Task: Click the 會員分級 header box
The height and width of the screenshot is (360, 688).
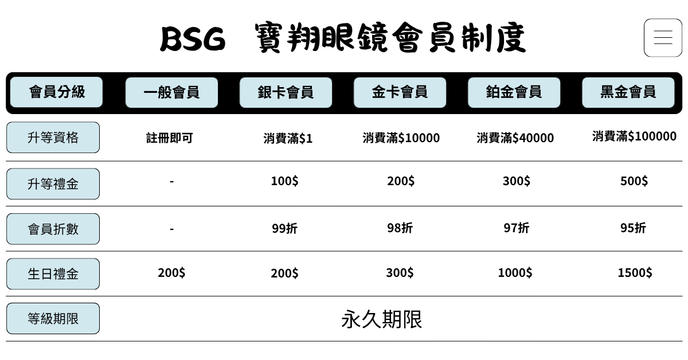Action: (x=56, y=92)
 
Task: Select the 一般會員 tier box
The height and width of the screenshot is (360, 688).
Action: (x=171, y=92)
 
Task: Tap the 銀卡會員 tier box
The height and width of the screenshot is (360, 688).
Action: (x=286, y=92)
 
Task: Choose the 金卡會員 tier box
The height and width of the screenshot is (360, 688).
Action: (x=400, y=92)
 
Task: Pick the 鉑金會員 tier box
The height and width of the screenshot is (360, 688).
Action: (x=514, y=92)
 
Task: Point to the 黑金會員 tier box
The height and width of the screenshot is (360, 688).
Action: (x=628, y=92)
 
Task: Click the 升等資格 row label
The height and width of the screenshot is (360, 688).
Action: (x=53, y=138)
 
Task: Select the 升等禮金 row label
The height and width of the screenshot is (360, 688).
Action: (x=53, y=184)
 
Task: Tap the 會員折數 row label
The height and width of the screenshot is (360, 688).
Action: (x=53, y=229)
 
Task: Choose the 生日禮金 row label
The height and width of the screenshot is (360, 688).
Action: (x=53, y=274)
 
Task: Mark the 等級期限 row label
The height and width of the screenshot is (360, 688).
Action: (x=53, y=319)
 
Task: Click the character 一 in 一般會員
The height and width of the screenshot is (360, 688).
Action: (x=150, y=92)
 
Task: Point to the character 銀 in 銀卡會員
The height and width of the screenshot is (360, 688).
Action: (x=264, y=92)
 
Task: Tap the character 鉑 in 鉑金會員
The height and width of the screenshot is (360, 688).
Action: (x=492, y=92)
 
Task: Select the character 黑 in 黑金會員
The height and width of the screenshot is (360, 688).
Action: (x=607, y=92)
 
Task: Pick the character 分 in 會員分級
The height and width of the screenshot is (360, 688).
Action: (x=64, y=92)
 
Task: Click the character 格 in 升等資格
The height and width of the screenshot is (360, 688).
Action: (x=72, y=138)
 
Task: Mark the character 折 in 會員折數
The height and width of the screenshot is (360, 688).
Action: (x=59, y=229)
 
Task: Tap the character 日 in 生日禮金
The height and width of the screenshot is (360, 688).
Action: (x=46, y=274)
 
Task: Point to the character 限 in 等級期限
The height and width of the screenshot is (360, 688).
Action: (x=72, y=319)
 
